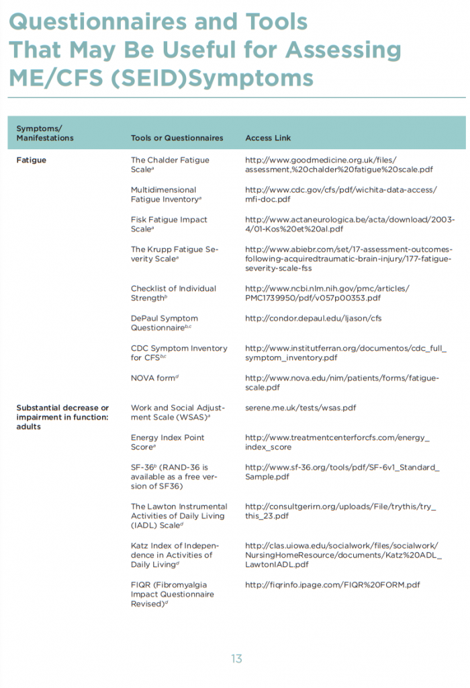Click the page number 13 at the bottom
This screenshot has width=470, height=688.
[x=236, y=659]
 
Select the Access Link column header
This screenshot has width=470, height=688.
[x=268, y=138]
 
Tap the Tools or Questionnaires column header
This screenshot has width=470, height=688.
[x=177, y=138]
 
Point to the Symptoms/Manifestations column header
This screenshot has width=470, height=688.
[x=44, y=133]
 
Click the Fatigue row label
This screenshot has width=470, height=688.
[x=31, y=160]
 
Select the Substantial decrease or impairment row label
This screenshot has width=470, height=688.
[x=62, y=417]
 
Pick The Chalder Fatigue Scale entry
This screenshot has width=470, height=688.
[x=170, y=165]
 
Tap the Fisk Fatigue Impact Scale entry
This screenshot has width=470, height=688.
[x=169, y=224]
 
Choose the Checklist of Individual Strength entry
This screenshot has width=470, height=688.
[x=173, y=293]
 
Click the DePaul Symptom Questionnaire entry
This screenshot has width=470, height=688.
[x=165, y=323]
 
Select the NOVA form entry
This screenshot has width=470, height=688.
[x=154, y=378]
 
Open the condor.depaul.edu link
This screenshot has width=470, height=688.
[x=313, y=318]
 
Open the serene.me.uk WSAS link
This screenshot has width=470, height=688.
[x=300, y=408]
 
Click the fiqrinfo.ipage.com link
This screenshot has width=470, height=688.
[x=332, y=585]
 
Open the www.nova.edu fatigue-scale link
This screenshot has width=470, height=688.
[x=342, y=383]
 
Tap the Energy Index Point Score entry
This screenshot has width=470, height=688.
[x=167, y=442]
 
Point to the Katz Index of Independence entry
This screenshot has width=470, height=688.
[x=175, y=555]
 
